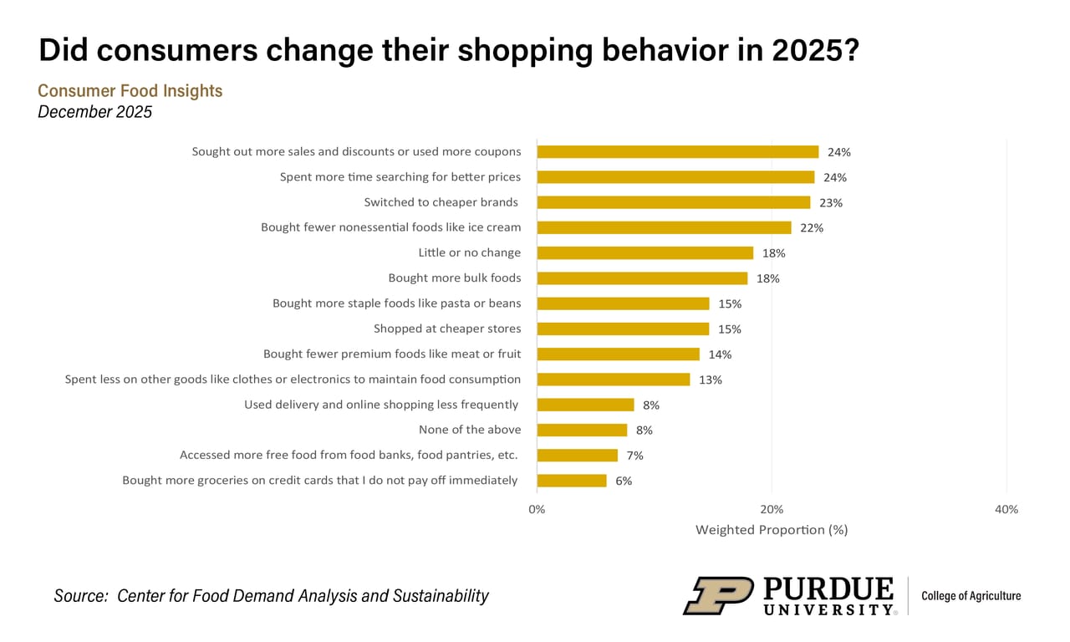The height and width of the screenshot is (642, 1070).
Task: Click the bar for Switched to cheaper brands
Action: click(673, 202)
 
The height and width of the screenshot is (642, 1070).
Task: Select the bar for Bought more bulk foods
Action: click(642, 278)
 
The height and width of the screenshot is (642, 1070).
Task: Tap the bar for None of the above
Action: click(582, 430)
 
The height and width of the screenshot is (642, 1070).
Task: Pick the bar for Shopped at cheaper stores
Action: click(623, 329)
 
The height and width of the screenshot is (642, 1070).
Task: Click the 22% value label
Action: click(811, 228)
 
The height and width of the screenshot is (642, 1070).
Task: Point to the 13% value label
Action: click(711, 380)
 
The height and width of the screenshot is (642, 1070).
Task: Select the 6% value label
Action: click(624, 481)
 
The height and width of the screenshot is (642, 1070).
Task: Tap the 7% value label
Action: click(634, 456)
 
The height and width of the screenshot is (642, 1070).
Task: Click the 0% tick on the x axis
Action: click(537, 509)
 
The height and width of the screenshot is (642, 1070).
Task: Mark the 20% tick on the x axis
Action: click(772, 509)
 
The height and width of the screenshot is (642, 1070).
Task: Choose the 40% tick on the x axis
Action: click(1006, 509)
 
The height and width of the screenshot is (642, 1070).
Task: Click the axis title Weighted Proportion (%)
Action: click(772, 529)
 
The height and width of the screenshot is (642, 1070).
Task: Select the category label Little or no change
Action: click(469, 252)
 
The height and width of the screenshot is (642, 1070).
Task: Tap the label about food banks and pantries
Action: click(349, 455)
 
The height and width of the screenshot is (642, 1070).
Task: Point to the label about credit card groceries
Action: click(320, 480)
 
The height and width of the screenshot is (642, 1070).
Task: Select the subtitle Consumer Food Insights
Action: click(130, 90)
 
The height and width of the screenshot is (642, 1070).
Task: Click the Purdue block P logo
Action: click(719, 596)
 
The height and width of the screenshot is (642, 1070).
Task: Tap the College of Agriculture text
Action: click(971, 596)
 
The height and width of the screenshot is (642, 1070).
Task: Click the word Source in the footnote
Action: click(80, 596)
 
